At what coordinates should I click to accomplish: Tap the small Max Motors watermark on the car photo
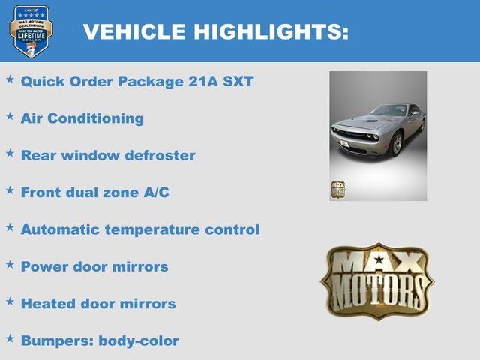click(x=337, y=190)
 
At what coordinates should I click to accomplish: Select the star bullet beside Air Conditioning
click(x=10, y=116)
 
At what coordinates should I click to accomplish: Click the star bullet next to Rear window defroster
click(x=10, y=153)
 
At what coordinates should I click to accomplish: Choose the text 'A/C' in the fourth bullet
click(x=155, y=192)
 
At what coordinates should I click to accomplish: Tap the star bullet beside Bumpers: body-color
click(x=10, y=338)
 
